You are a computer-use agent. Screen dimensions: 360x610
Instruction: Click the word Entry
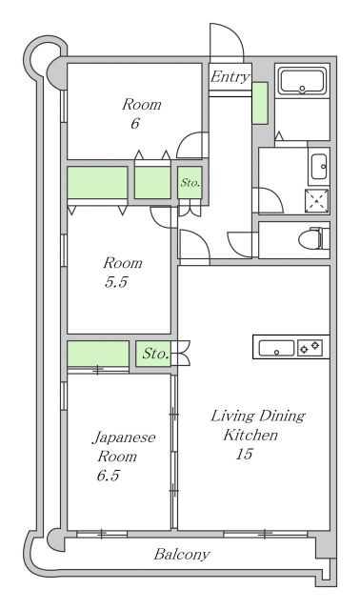pos(230,76)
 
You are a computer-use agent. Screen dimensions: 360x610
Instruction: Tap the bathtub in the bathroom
pos(303,82)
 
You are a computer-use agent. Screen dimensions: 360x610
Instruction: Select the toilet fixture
pos(314,238)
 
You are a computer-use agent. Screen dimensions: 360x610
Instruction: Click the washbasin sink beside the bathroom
pos(319,167)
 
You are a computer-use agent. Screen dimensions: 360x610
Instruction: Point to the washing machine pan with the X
pos(316,201)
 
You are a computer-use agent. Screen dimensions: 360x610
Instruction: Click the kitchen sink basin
pos(276,348)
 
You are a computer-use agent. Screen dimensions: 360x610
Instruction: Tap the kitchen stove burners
pos(310,347)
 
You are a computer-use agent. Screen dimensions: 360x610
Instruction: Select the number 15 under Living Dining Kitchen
pos(244,454)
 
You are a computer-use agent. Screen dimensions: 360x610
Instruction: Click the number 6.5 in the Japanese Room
pos(108,476)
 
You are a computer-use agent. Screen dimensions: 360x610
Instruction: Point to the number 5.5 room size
pos(116,282)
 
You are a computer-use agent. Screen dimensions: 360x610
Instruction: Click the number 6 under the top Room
pos(135,124)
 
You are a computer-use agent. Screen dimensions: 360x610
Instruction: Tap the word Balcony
pos(182,554)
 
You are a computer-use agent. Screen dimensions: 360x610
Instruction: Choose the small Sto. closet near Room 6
pos(190,182)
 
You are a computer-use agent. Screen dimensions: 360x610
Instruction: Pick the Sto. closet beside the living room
pos(153,354)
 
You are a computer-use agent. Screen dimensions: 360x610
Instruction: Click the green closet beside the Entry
pos(260,103)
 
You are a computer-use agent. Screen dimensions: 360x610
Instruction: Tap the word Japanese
pos(124,438)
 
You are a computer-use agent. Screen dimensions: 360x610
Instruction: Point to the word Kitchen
pos(250,435)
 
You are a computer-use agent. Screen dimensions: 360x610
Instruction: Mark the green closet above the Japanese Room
pos(98,354)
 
